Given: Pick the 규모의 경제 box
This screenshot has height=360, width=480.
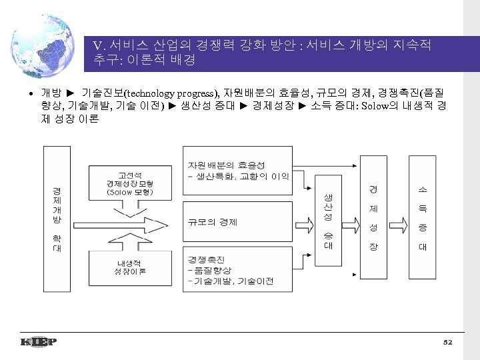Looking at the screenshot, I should pyautogui.click(x=239, y=222).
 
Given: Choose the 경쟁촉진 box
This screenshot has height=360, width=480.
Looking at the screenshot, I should pyautogui.click(x=239, y=270).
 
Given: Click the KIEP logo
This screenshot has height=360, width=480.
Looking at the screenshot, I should pyautogui.click(x=38, y=342).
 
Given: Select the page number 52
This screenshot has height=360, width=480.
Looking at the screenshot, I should pyautogui.click(x=447, y=342).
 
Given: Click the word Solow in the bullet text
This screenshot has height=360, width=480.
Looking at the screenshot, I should pyautogui.click(x=373, y=106).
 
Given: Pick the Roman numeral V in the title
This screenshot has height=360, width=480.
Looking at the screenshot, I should pyautogui.click(x=98, y=46).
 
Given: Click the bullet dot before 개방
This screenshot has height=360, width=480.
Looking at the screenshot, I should pyautogui.click(x=31, y=91).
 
